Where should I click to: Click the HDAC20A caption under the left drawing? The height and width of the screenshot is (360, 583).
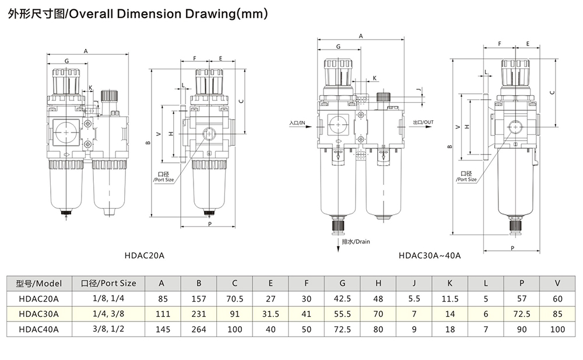click(x=145, y=255)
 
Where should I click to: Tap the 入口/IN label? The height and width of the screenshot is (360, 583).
click(x=297, y=123)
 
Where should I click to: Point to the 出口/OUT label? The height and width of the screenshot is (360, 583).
click(x=423, y=123)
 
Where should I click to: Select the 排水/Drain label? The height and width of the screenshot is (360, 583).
click(x=356, y=241)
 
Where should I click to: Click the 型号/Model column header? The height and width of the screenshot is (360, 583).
click(x=39, y=284)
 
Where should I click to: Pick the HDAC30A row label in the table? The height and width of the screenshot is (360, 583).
click(x=39, y=314)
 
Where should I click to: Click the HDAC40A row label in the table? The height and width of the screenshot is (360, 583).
click(x=39, y=329)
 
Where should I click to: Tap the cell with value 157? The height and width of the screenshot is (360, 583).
click(x=199, y=299)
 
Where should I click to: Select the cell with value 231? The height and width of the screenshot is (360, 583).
click(x=199, y=314)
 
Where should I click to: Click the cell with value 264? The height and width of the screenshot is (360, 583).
click(x=199, y=329)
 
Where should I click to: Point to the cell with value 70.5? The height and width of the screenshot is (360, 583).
click(x=234, y=299)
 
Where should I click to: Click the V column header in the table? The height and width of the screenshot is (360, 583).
click(x=558, y=284)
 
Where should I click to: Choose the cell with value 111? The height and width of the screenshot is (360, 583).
click(x=163, y=314)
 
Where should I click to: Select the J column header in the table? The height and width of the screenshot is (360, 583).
click(x=414, y=284)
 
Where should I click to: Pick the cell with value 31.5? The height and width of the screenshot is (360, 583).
click(x=271, y=314)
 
